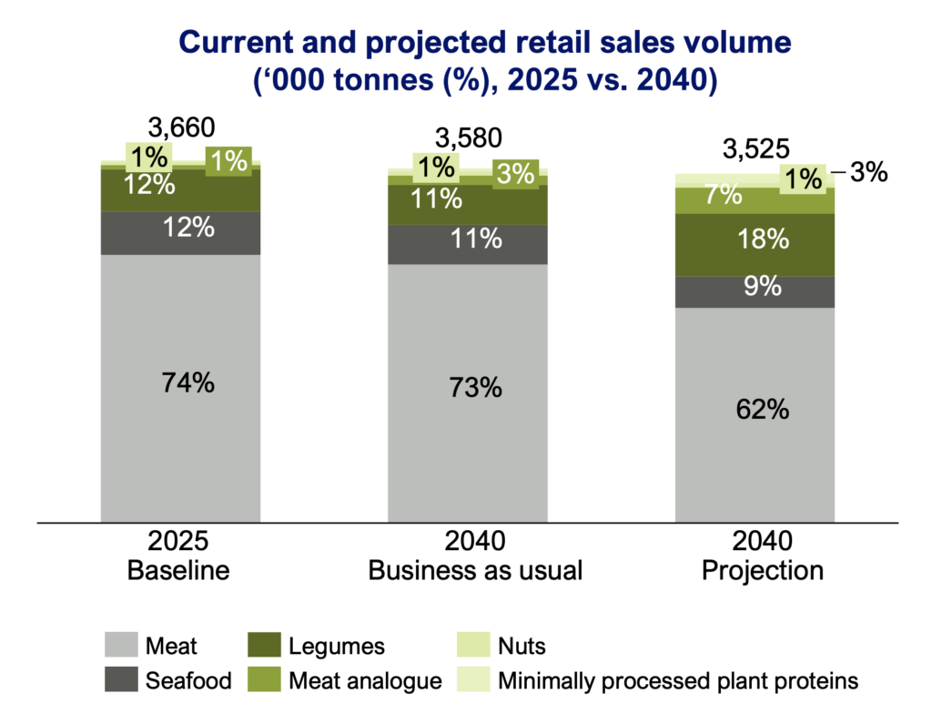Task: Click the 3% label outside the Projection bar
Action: (867, 172)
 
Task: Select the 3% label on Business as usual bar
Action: (516, 174)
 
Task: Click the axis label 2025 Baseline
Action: (179, 556)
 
